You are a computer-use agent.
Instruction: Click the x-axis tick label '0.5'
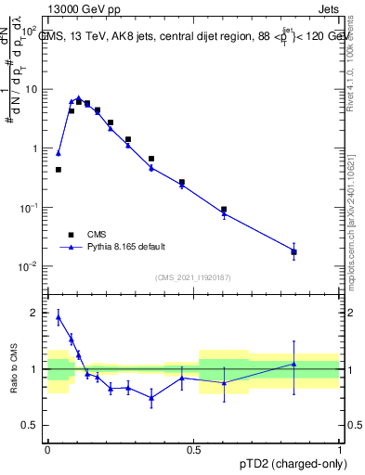[x=194, y=449]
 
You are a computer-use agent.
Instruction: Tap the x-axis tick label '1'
[x=340, y=449]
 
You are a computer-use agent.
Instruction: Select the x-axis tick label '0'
[x=47, y=449]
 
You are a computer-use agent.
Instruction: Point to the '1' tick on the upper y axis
[x=34, y=148]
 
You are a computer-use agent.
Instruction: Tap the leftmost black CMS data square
[x=59, y=170]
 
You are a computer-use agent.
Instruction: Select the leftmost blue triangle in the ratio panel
[x=59, y=317]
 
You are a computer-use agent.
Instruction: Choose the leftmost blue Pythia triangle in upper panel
[x=59, y=153]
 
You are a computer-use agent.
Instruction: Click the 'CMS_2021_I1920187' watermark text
[x=192, y=277]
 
